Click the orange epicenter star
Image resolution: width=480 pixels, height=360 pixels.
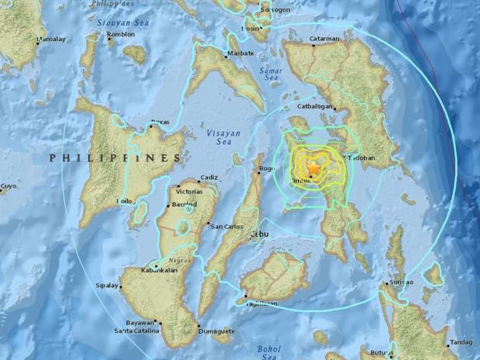coord(314,168)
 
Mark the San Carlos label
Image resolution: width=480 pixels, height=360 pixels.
coord(225,226)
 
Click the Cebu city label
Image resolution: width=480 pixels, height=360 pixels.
coord(258,233)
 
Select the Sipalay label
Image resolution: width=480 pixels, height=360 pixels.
coord(108,286)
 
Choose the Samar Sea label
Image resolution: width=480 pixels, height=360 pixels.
coord(271,74)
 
